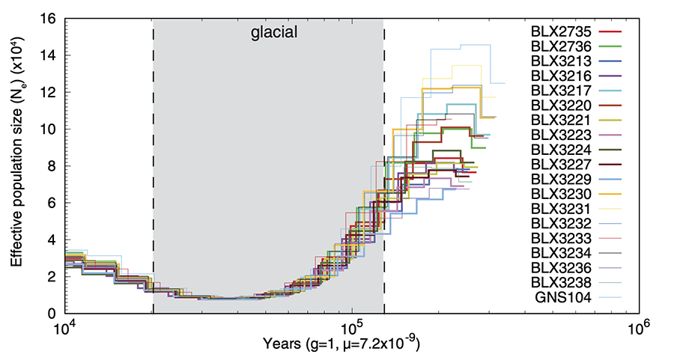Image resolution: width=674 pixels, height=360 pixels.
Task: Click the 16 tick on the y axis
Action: coord(49,19)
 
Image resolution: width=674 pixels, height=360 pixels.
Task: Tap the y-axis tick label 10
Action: coord(49,129)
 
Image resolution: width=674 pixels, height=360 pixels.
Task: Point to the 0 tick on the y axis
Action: coord(53,313)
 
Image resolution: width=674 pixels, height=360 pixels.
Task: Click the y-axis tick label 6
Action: coord(53,202)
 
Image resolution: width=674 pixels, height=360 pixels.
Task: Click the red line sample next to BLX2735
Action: coord(612,31)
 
